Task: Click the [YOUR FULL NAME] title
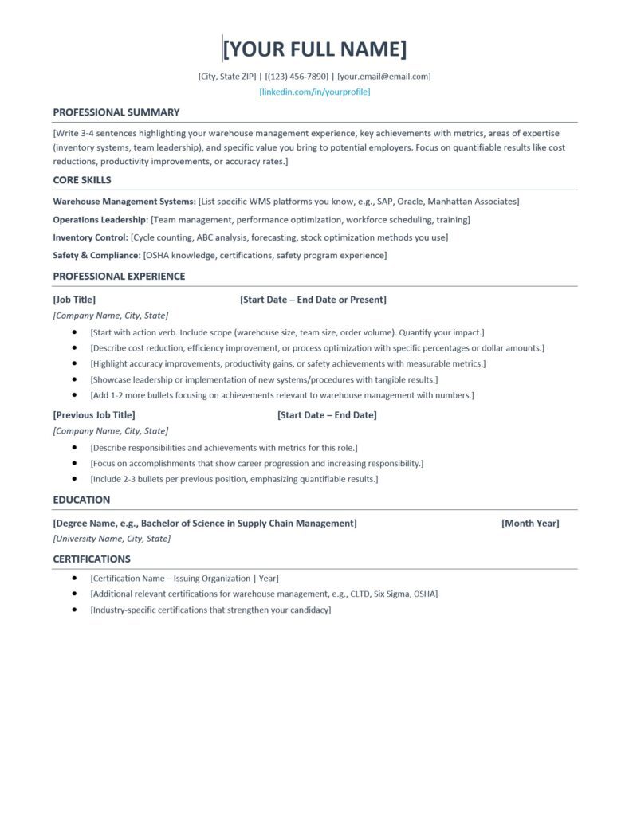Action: (315, 49)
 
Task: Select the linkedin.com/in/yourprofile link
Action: (315, 92)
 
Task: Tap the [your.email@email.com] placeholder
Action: (384, 76)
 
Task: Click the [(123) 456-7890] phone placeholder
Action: (297, 76)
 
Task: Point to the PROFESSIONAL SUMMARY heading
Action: (116, 112)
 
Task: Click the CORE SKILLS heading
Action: (82, 180)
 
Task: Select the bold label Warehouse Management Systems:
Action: (124, 202)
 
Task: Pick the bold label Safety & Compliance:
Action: (96, 256)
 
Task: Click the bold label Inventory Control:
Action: (91, 237)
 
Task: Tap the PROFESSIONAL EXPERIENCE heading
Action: (119, 277)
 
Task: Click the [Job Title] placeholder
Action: (74, 300)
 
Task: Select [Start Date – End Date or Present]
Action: (313, 300)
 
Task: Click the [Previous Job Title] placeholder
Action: (94, 415)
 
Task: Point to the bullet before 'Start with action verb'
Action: (74, 331)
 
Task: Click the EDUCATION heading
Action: (81, 500)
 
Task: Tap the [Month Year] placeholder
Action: (530, 524)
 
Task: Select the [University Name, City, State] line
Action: (112, 539)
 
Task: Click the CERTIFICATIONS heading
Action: (92, 559)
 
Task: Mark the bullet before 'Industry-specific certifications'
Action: (74, 610)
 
